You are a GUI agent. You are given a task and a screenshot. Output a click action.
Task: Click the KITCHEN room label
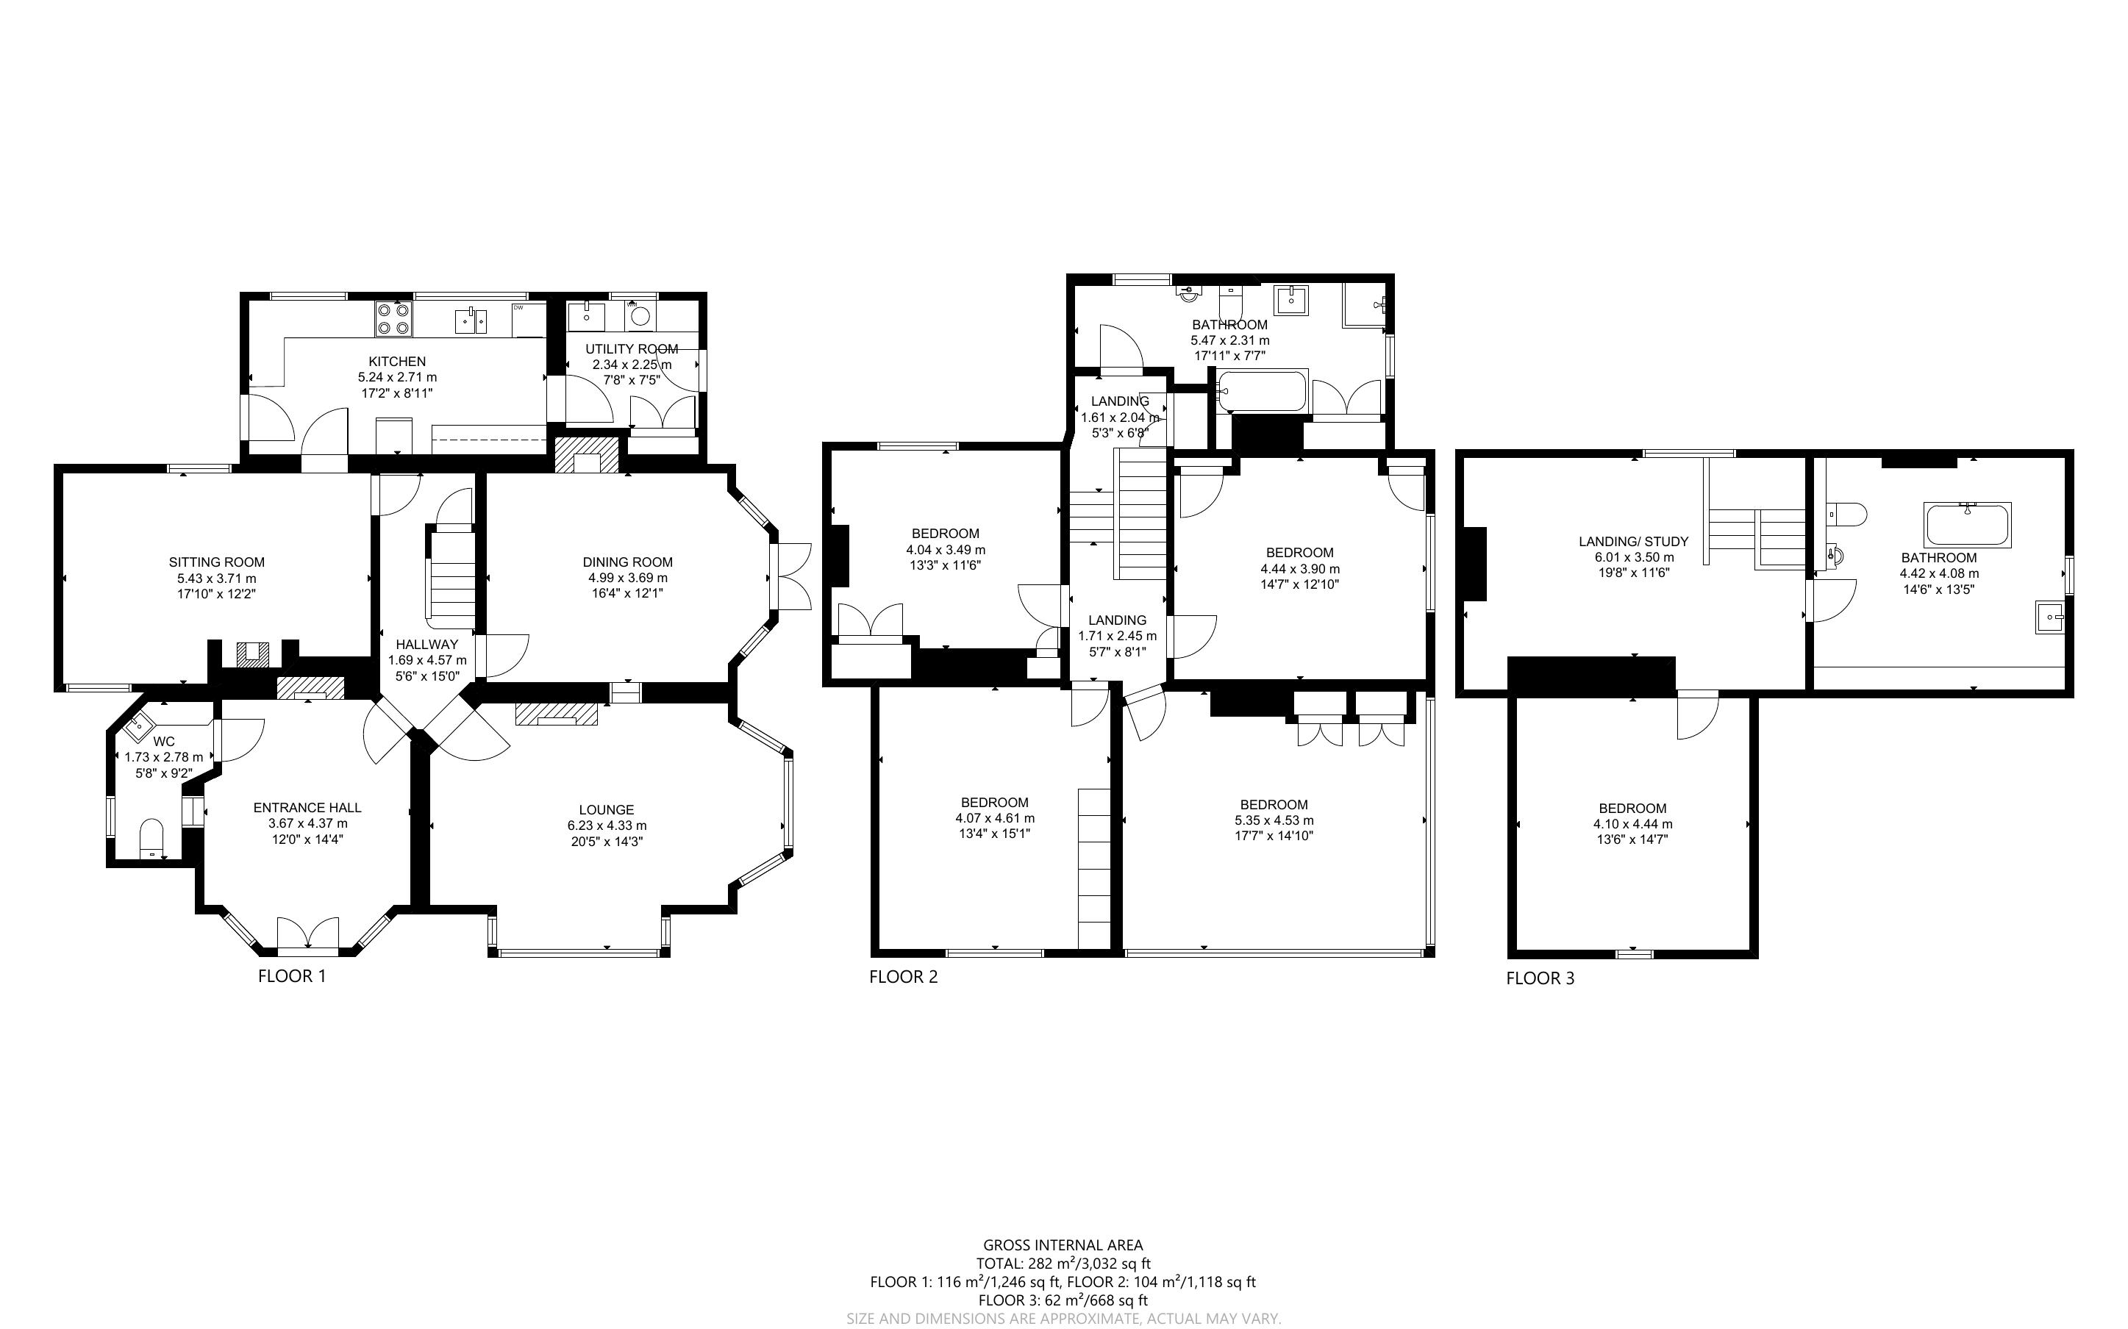397,361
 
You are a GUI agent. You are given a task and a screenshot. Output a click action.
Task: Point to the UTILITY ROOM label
631,349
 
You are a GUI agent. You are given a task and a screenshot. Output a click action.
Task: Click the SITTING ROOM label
216,562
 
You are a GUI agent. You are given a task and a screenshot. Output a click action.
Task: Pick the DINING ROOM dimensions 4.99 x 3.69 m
627,578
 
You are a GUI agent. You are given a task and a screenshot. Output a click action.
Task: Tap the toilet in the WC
152,839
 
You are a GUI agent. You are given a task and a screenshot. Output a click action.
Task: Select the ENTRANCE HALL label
307,808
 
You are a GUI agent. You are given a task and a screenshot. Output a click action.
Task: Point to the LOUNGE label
607,809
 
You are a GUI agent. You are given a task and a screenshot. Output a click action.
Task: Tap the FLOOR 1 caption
292,975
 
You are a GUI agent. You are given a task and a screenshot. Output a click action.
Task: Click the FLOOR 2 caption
904,976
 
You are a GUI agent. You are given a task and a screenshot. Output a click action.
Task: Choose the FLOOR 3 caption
1540,978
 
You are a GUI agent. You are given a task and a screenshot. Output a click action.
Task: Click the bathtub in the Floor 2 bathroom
1263,391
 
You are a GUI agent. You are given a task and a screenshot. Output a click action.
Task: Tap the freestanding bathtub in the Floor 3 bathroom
1967,525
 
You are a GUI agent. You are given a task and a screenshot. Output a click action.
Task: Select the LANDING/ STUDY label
1634,542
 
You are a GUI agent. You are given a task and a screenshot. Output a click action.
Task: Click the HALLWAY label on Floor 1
426,644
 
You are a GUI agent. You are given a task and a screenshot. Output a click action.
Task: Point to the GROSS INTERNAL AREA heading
1063,1244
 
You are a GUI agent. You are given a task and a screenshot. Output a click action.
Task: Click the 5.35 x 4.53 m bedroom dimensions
1274,820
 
